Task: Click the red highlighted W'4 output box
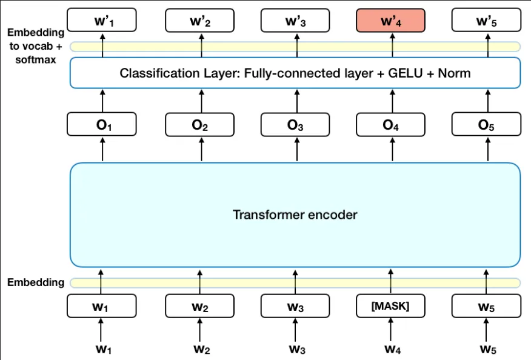[x=390, y=21]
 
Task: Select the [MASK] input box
[x=390, y=306]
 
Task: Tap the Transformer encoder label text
[x=295, y=215]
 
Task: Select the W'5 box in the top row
[x=487, y=21]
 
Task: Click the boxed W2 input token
[x=201, y=306]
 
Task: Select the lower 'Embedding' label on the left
[x=35, y=282]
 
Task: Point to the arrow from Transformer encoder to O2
[x=201, y=149]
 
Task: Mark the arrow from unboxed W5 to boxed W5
[x=487, y=330]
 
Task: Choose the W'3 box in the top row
[x=295, y=21]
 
